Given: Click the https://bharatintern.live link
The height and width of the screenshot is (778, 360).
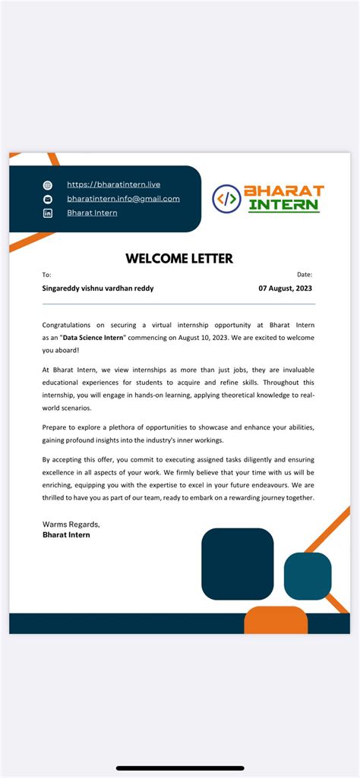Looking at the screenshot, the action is click(x=113, y=184).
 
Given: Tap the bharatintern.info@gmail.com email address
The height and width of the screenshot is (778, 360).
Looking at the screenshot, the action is click(x=123, y=199).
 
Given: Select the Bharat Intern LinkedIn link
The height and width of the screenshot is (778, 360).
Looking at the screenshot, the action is click(x=92, y=213).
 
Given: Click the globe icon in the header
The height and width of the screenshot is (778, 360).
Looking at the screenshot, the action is click(x=48, y=185).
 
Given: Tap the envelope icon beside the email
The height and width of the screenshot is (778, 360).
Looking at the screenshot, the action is click(x=48, y=199).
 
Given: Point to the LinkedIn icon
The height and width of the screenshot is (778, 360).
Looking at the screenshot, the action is click(x=48, y=213).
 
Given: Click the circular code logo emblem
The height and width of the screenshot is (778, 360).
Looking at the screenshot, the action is click(x=226, y=199).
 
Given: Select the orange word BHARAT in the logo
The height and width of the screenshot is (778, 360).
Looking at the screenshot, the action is click(x=283, y=191).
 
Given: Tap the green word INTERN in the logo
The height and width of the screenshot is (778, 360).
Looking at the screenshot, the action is click(x=284, y=206).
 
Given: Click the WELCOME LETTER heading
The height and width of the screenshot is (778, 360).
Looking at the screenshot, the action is click(x=179, y=259).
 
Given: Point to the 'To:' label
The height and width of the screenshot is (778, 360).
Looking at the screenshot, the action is click(x=46, y=275).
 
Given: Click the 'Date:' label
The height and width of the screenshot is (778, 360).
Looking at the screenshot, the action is click(x=304, y=275).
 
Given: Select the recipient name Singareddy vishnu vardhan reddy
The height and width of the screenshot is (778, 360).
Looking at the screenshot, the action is click(x=97, y=288).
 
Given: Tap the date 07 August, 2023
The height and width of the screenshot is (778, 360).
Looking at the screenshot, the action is click(x=285, y=288).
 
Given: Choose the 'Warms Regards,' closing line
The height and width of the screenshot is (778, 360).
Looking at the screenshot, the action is click(x=71, y=524).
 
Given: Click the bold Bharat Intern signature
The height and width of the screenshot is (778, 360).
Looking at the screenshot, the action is click(x=66, y=535).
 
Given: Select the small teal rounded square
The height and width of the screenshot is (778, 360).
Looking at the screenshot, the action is click(x=308, y=576).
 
